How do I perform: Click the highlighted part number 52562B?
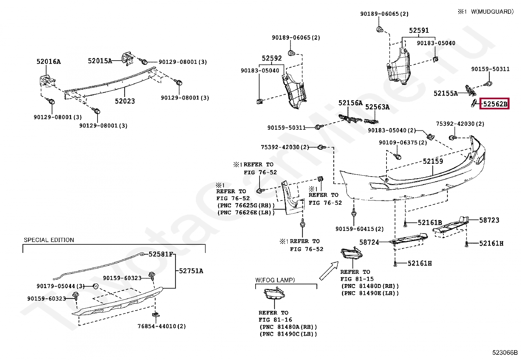click(495, 104)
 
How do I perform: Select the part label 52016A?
click(49, 62)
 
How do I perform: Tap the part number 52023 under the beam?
click(125, 101)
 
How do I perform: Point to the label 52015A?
click(100, 61)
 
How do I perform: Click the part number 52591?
click(419, 30)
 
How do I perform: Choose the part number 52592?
click(272, 58)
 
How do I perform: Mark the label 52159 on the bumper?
click(433, 161)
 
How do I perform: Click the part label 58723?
click(489, 220)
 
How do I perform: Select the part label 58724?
click(369, 242)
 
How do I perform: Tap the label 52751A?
click(191, 271)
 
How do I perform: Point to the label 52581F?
click(161, 254)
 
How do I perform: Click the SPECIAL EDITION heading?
click(49, 240)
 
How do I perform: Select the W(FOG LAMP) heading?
click(275, 280)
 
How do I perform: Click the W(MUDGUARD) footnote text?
click(492, 12)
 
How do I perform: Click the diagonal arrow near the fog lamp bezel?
click(329, 270)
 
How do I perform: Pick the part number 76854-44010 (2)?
click(162, 326)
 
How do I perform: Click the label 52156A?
click(350, 103)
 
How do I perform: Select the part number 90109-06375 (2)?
click(403, 142)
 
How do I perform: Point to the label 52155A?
click(446, 93)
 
